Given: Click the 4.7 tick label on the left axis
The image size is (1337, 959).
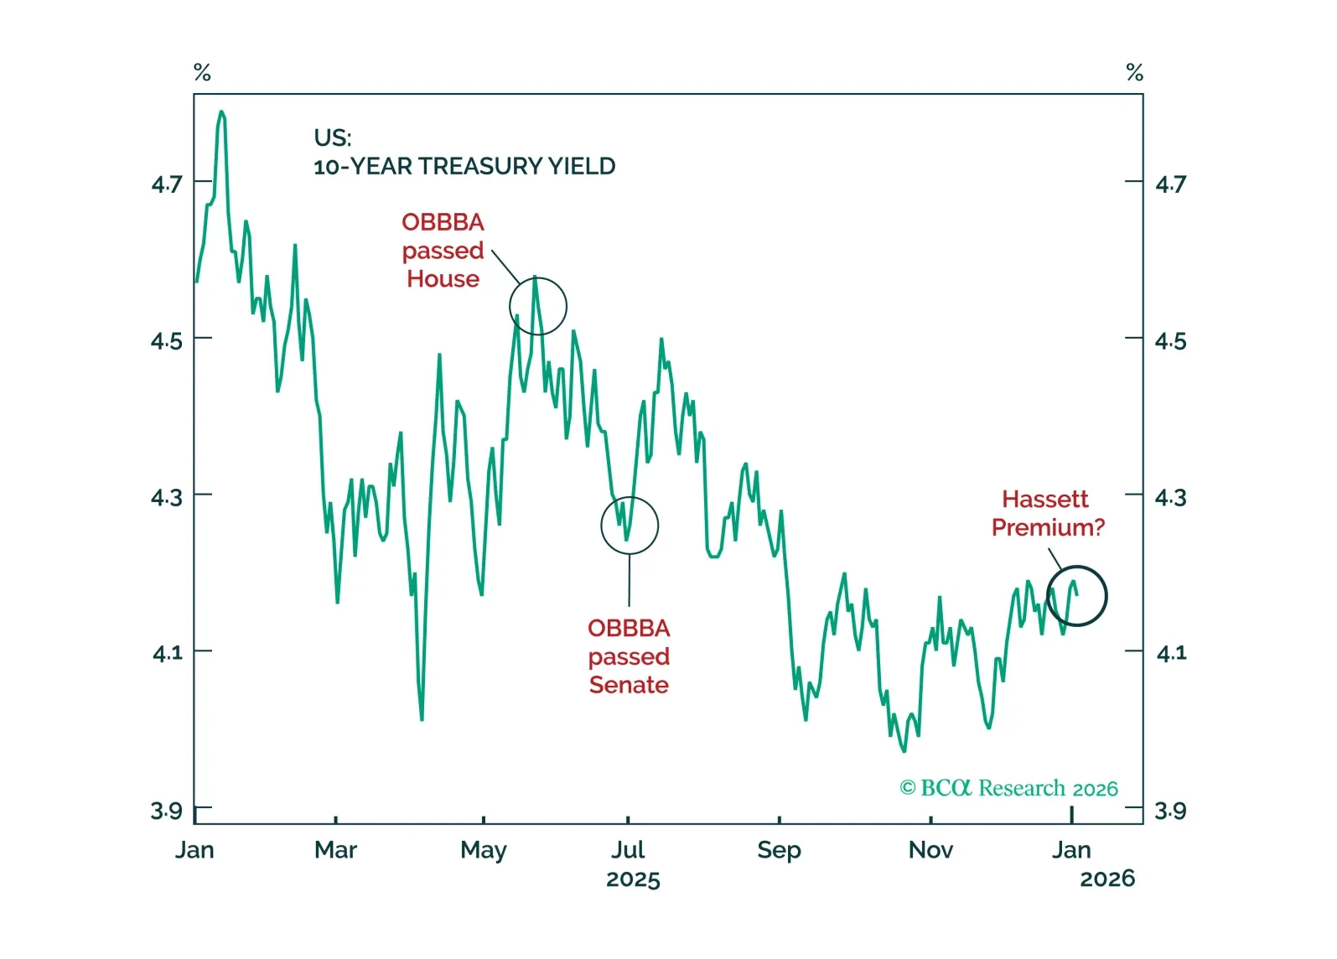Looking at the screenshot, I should [166, 184].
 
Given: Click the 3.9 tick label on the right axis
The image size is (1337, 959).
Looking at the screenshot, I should [1170, 811].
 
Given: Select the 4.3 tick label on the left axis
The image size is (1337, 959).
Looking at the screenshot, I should [166, 498].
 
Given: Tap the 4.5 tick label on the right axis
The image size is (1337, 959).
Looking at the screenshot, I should [1170, 341].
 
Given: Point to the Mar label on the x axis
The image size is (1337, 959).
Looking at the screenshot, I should [335, 850].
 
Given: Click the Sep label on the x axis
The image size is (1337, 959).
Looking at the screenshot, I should [779, 850].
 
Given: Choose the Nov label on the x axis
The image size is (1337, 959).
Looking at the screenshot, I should [930, 850].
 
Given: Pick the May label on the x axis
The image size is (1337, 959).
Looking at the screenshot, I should [484, 850].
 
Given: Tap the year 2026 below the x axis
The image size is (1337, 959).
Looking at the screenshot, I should [1106, 879].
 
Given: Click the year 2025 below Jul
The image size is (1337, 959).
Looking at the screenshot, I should [633, 879].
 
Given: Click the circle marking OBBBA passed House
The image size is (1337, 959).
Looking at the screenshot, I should [538, 306].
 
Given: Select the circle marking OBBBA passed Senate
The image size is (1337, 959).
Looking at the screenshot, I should [630, 526].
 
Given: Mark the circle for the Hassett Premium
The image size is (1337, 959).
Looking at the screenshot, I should [1077, 596].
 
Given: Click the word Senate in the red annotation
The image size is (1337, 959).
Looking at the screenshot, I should [629, 685].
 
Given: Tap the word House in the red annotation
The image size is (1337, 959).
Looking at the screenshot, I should [443, 279].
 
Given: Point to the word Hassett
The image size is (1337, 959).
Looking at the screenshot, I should [1044, 499].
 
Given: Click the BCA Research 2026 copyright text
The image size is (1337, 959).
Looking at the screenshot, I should [1008, 788].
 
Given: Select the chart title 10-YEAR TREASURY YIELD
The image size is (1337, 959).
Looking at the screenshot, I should [464, 166].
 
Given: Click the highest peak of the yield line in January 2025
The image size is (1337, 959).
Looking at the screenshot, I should [221, 111].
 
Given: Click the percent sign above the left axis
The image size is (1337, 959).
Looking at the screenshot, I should [202, 73].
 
